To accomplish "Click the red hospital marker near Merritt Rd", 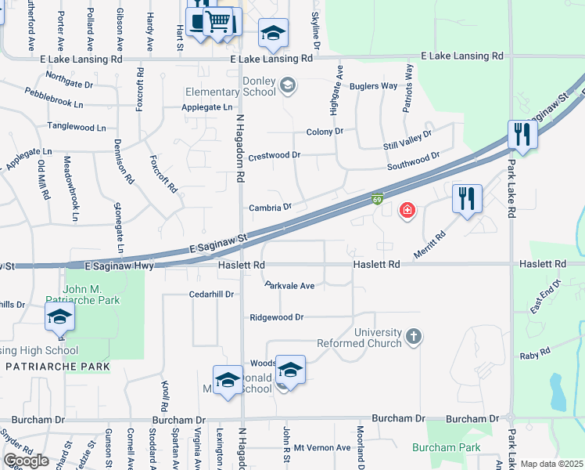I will (x=407, y=210).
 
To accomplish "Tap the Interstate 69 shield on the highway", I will (x=378, y=201).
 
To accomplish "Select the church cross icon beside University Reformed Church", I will (x=414, y=338).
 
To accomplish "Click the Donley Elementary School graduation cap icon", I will (x=288, y=85).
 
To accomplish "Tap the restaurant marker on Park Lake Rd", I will (x=520, y=135).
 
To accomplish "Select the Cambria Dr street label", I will (x=270, y=207).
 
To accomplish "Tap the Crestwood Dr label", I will (x=274, y=156).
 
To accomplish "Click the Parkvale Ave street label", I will (x=289, y=286).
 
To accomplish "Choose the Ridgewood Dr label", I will (x=276, y=317).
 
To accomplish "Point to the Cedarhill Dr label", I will (x=211, y=295).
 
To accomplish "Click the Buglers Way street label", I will (x=373, y=86).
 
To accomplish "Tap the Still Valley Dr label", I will (x=407, y=139).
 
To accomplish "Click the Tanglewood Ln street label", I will (x=76, y=127).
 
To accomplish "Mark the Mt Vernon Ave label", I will (x=321, y=447).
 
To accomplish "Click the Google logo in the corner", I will (x=26, y=461).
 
